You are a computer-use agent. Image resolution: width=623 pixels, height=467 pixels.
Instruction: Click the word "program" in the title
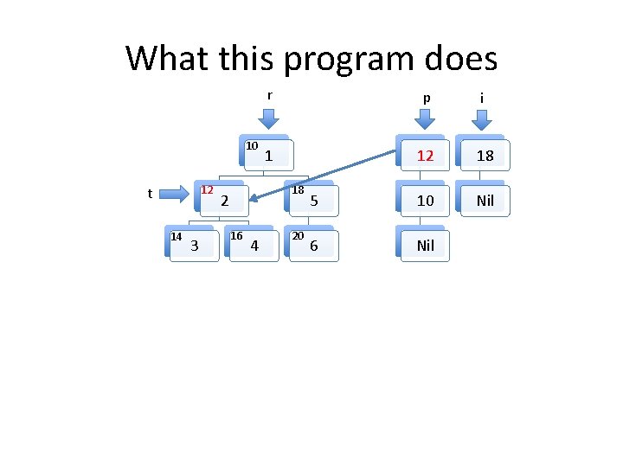(x=339, y=60)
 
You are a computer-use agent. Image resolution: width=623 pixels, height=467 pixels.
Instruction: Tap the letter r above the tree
(x=269, y=96)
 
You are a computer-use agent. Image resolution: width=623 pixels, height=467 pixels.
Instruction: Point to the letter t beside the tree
(x=150, y=194)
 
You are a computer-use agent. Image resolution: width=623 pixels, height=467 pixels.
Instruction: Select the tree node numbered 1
(x=269, y=156)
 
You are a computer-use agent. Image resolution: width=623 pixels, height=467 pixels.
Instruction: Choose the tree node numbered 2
(x=224, y=201)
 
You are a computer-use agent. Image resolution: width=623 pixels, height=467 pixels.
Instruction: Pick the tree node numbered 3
(x=194, y=246)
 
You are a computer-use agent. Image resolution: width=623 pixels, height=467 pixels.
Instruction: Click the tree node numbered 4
(x=254, y=246)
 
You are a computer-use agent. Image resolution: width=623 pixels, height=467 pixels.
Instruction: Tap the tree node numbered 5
(x=314, y=201)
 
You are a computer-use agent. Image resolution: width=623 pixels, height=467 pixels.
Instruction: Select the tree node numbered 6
(x=313, y=246)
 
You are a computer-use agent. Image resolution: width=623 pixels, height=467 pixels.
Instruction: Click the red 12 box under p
(x=425, y=156)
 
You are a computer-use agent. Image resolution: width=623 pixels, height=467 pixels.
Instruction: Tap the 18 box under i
(x=485, y=156)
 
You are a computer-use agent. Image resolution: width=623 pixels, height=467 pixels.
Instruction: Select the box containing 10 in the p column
(x=425, y=201)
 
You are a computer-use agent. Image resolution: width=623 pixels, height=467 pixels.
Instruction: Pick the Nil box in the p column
(x=425, y=246)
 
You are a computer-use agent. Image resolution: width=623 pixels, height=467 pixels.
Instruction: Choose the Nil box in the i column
(x=485, y=201)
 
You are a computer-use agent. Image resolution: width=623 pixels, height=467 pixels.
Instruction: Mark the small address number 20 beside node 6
(x=297, y=236)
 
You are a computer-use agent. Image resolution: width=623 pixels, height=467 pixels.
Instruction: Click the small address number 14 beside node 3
(x=176, y=236)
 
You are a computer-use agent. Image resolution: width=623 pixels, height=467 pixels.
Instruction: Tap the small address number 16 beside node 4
(x=236, y=236)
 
